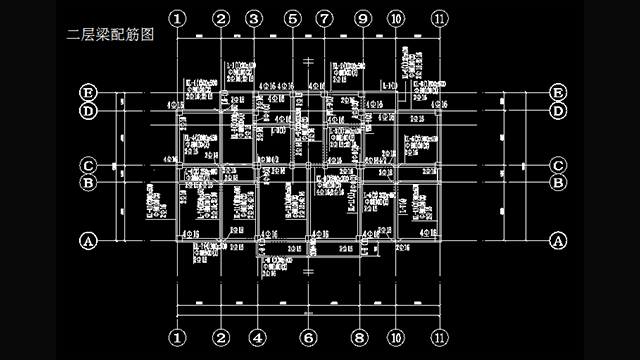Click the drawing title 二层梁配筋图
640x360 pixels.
[x=109, y=34]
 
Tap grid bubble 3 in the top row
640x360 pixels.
[x=253, y=19]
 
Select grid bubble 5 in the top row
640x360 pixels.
[x=292, y=19]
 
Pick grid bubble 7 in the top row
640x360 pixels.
[x=324, y=19]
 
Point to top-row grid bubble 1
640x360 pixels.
[x=177, y=19]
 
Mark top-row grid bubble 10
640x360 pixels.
[x=397, y=19]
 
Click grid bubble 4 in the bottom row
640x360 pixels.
[x=258, y=337]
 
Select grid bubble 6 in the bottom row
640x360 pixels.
[x=308, y=337]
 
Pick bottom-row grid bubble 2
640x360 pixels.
[x=222, y=337]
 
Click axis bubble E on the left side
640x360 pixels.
[x=88, y=93]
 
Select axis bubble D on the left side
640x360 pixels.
[x=88, y=110]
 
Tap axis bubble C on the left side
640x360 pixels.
[x=88, y=165]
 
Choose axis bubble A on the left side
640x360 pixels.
[x=88, y=241]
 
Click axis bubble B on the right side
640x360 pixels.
[x=558, y=182]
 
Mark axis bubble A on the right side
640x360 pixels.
[x=558, y=241]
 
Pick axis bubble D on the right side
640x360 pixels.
[x=558, y=110]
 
